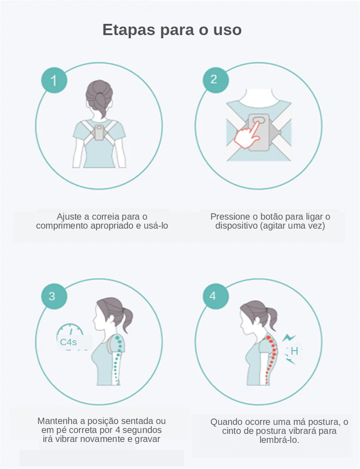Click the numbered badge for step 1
pyautogui.click(x=54, y=80)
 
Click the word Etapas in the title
pyautogui.click(x=129, y=30)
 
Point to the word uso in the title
pyautogui.click(x=228, y=30)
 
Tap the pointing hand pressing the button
pyautogui.click(x=247, y=135)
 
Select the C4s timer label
pyautogui.click(x=68, y=342)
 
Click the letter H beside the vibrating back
pyautogui.click(x=294, y=351)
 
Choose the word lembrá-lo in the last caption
pyautogui.click(x=279, y=440)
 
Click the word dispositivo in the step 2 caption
pyautogui.click(x=236, y=225)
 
